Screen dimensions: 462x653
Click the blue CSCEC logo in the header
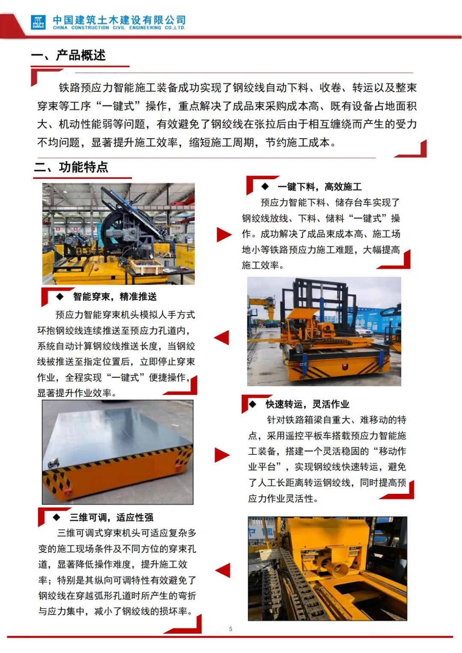tap(38, 22)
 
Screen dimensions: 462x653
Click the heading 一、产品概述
tap(68, 55)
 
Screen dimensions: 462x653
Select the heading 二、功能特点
tap(71, 167)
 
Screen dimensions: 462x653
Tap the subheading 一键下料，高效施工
tap(320, 187)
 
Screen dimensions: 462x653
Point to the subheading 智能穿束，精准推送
tap(115, 297)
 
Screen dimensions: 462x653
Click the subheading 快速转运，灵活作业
tap(307, 404)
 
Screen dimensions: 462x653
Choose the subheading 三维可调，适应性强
tap(111, 517)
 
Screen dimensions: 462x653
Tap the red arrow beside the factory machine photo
tap(224, 234)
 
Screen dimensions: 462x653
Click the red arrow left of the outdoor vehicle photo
tap(222, 338)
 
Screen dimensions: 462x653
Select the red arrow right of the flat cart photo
tap(222, 455)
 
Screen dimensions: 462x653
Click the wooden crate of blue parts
tap(146, 267)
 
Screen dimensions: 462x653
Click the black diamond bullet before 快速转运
tap(252, 404)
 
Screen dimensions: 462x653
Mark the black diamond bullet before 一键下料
tap(265, 186)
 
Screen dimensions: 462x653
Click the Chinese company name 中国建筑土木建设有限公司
tap(119, 20)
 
